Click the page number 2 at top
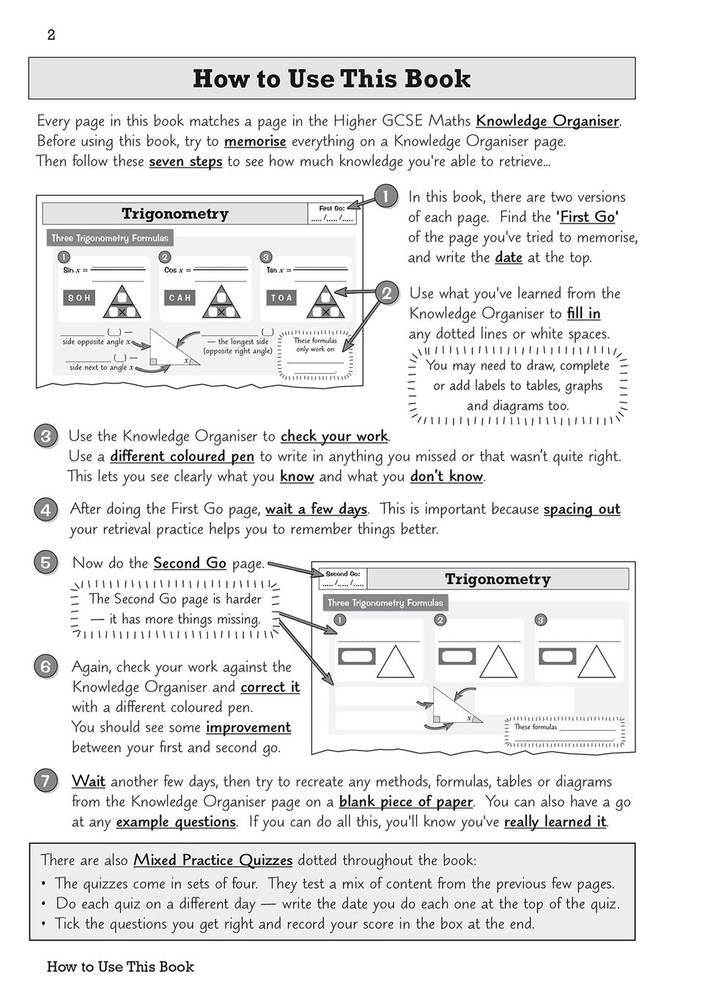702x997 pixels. [x=51, y=35]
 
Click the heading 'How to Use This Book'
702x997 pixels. [x=331, y=79]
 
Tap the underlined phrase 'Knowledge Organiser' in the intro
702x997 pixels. [x=547, y=121]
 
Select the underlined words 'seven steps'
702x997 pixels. [x=185, y=161]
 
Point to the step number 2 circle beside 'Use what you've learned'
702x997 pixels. [x=387, y=293]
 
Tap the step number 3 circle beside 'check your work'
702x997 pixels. [x=45, y=437]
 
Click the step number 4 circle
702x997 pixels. [x=45, y=509]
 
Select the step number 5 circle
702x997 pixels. [x=45, y=563]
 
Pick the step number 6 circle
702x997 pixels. [x=45, y=666]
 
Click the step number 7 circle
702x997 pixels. [x=45, y=781]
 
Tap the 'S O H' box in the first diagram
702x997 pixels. [x=79, y=298]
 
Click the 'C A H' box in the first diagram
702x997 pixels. [x=180, y=298]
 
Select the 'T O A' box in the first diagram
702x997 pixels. [x=281, y=298]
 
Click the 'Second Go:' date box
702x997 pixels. [x=343, y=579]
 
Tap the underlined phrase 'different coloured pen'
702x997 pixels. [x=182, y=457]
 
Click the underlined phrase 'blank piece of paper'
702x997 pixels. [x=406, y=802]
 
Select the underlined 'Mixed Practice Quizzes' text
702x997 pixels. [x=213, y=861]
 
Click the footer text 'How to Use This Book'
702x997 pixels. [x=120, y=967]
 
